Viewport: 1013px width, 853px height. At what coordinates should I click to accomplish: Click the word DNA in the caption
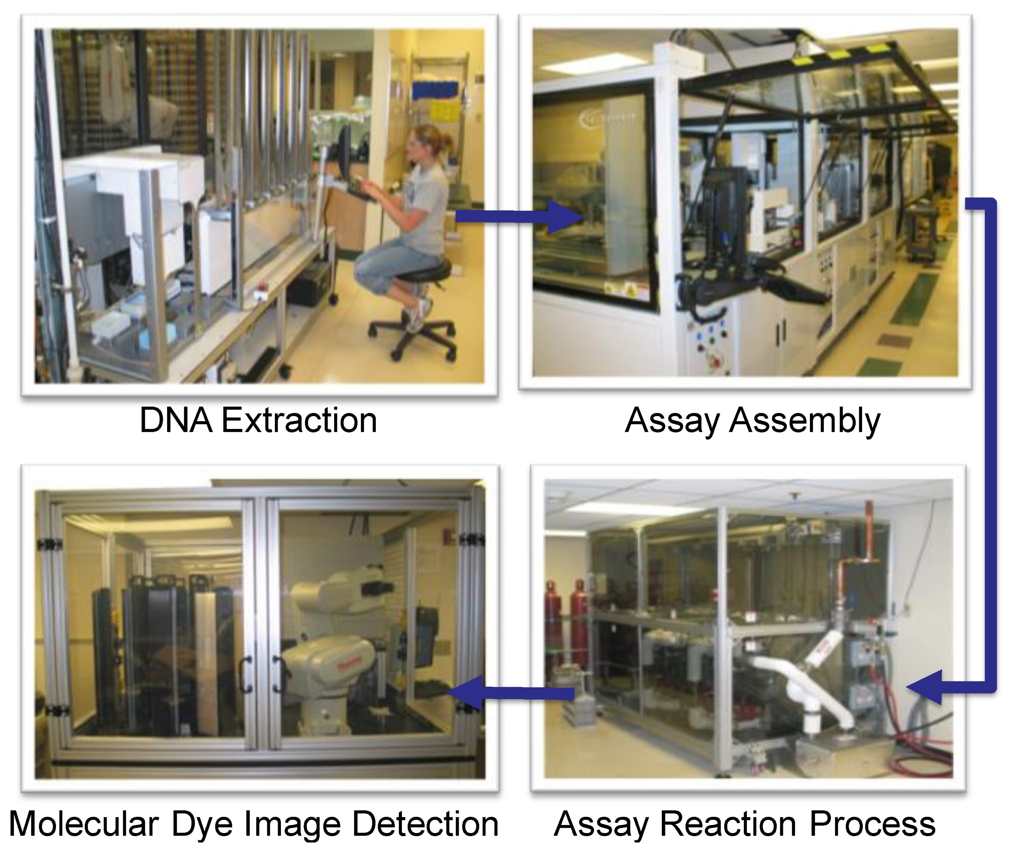click(175, 420)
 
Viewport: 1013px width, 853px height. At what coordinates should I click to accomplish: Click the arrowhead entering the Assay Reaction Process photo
click(924, 687)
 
